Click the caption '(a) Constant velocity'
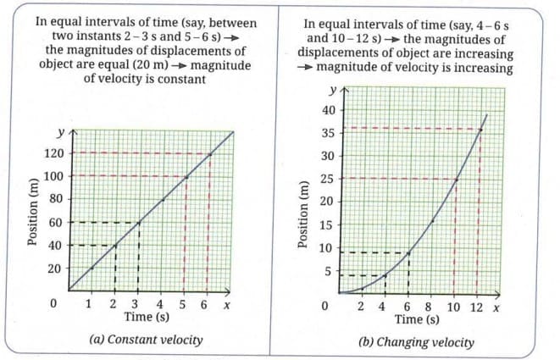pyautogui.click(x=146, y=340)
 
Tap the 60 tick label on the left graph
pyautogui.click(x=55, y=223)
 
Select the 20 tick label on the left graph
pyautogui.click(x=55, y=269)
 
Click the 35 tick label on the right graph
pyautogui.click(x=327, y=133)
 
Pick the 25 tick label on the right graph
pyautogui.click(x=327, y=179)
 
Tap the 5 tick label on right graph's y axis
pyautogui.click(x=330, y=271)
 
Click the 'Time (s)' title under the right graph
pyautogui.click(x=417, y=319)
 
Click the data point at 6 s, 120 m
pyautogui.click(x=208, y=154)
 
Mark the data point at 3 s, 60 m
pyautogui.click(x=138, y=223)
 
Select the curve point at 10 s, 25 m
pyautogui.click(x=456, y=179)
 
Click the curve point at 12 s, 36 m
pyautogui.click(x=480, y=129)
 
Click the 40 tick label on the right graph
pyautogui.click(x=327, y=110)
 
